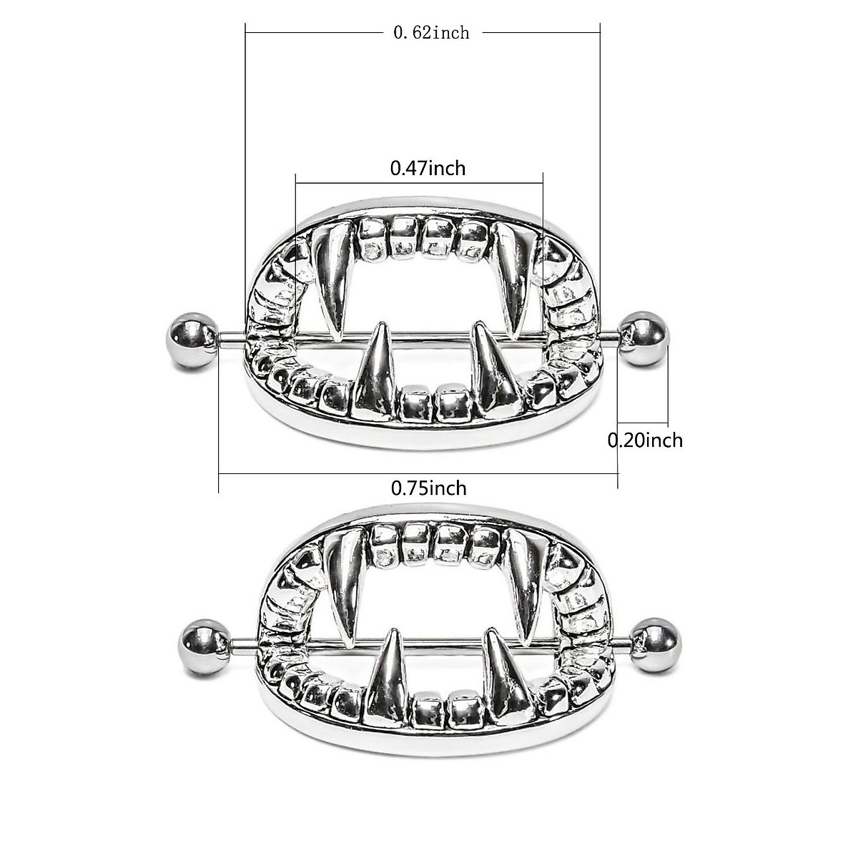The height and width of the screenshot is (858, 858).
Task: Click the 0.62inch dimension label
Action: pos(431,32)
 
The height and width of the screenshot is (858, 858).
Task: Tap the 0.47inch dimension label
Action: pos(428,168)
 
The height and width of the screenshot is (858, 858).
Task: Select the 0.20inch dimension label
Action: pos(645,440)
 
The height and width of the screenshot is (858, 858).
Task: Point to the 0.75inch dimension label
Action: pos(428,488)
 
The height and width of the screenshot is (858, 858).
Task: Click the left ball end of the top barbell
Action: pos(192,340)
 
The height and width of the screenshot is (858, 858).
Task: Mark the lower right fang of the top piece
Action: pos(495,375)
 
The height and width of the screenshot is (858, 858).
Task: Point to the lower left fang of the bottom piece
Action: pos(386,679)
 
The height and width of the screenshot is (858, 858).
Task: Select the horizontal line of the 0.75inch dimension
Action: pos(418,473)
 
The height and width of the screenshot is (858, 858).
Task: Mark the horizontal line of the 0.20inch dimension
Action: pos(643,423)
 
